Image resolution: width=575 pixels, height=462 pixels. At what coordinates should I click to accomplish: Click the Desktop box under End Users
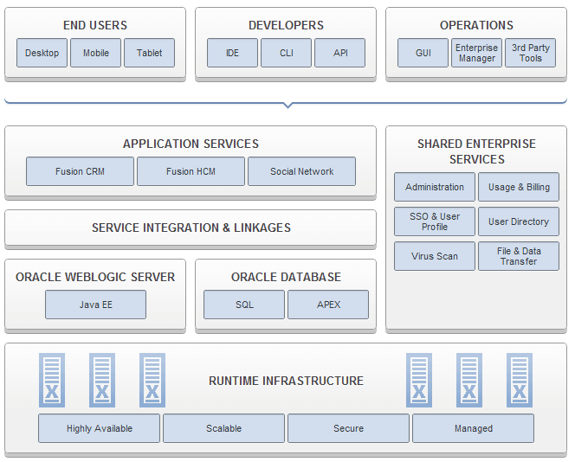tap(42, 53)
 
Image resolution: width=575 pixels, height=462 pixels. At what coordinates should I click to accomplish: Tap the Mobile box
tap(95, 53)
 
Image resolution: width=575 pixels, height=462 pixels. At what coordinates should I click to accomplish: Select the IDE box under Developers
tap(232, 53)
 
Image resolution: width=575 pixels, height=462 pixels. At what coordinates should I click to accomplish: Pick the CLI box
tap(286, 53)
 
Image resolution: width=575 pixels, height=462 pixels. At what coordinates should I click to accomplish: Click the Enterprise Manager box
tap(476, 53)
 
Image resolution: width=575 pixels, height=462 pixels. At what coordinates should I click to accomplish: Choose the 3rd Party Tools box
tap(530, 53)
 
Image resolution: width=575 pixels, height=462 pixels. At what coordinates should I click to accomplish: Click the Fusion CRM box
tap(80, 171)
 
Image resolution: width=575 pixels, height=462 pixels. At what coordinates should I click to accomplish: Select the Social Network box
tap(301, 171)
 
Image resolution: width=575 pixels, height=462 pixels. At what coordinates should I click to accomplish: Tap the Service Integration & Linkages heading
tap(191, 228)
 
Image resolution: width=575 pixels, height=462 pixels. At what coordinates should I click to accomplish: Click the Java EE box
tap(95, 305)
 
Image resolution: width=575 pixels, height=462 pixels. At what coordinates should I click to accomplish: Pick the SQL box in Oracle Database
tap(244, 305)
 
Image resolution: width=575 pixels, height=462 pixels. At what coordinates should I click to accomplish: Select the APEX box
tap(327, 305)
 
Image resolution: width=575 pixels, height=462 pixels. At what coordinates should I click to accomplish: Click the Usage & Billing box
tap(518, 187)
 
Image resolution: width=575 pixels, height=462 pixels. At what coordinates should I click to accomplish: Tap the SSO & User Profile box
tap(435, 221)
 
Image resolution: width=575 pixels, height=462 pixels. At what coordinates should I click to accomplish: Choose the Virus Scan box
tap(435, 256)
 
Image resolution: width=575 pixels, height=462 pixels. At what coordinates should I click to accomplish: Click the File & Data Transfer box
tap(518, 256)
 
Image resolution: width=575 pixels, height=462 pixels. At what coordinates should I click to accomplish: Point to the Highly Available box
tap(99, 428)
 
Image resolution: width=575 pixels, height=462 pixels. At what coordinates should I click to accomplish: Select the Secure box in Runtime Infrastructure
tap(348, 428)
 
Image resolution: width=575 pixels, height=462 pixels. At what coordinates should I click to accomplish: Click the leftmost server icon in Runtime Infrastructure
tap(52, 380)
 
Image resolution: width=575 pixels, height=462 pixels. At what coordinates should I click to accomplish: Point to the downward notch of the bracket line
tap(287, 106)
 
